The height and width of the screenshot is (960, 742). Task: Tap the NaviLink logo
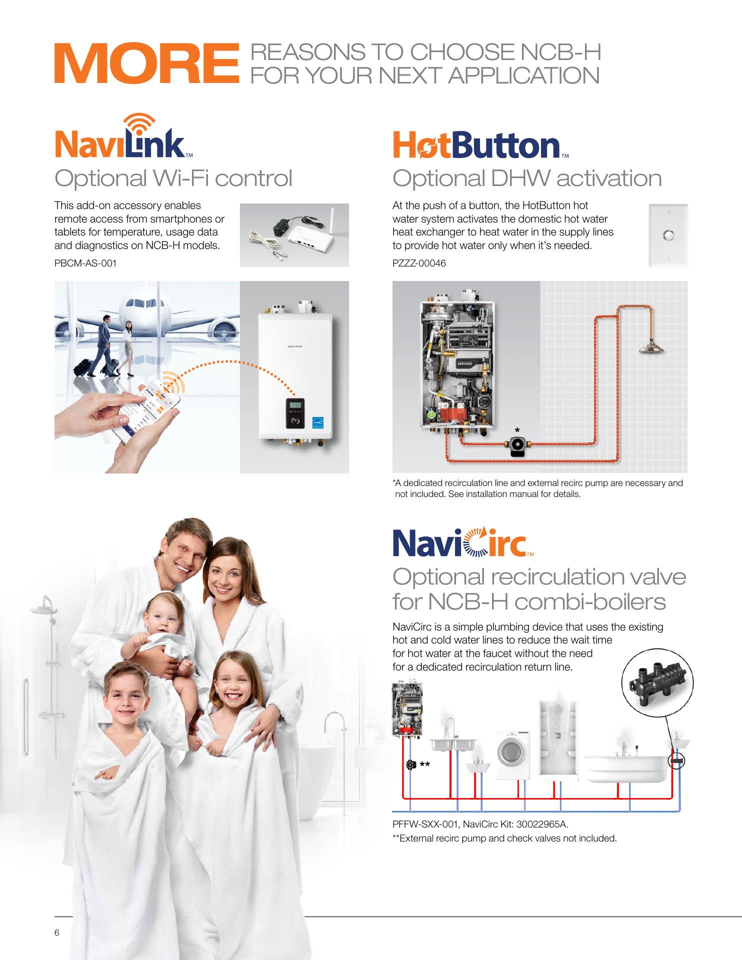point(123,135)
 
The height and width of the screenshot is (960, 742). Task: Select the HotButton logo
point(480,145)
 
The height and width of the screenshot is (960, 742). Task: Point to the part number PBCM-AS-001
point(85,263)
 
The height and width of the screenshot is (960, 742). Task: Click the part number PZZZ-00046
point(419,263)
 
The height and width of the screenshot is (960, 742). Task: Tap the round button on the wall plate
point(667,235)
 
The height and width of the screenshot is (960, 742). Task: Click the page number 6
point(57,932)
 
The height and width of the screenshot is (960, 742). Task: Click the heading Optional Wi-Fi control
point(173,178)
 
